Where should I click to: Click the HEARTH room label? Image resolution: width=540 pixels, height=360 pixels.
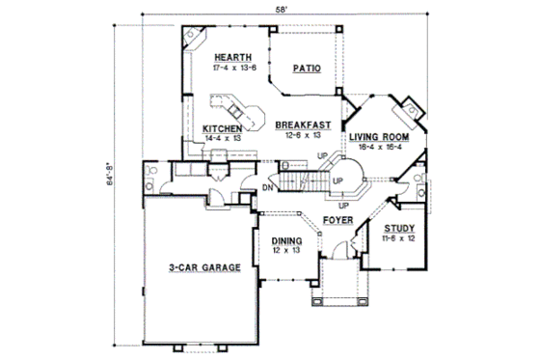click(x=234, y=58)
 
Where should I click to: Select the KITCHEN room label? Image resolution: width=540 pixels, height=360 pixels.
click(x=221, y=128)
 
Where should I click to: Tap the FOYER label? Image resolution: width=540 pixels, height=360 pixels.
click(x=337, y=221)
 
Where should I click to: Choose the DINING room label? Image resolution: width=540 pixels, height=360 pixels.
click(x=286, y=241)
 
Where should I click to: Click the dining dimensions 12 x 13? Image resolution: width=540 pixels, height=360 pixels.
click(x=286, y=251)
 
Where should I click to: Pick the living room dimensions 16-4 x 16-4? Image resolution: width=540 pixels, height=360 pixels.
click(x=379, y=148)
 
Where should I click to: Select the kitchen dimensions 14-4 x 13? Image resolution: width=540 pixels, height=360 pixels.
click(x=221, y=138)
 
